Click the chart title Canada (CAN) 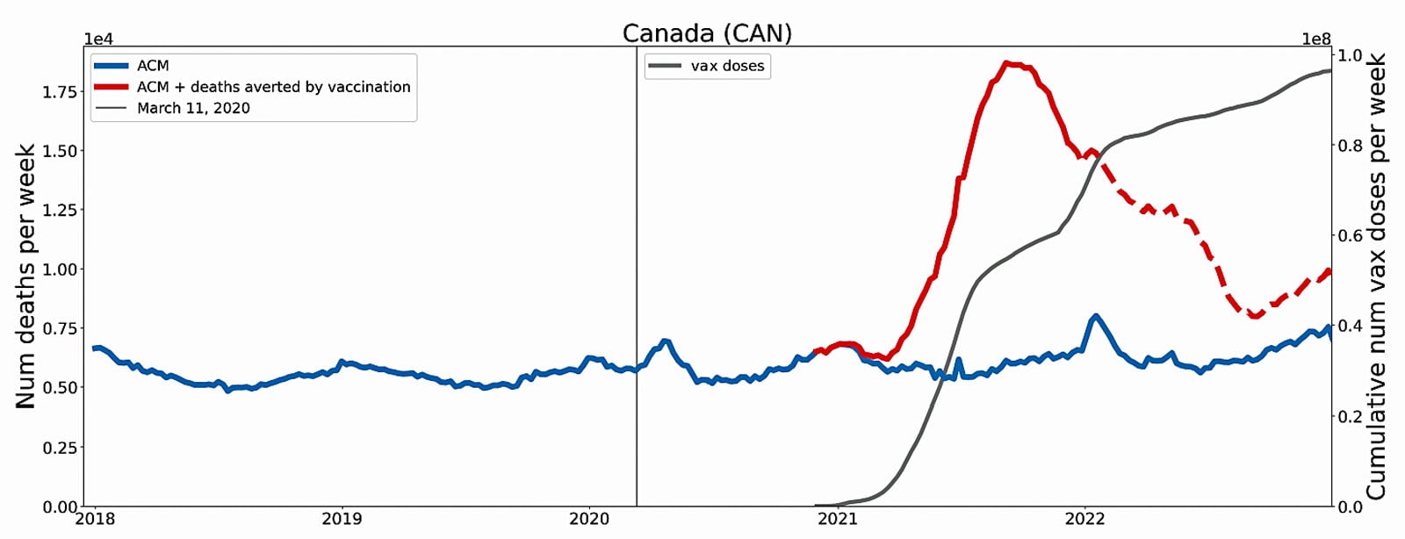(707, 33)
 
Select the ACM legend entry (153, 66)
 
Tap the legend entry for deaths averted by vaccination (273, 87)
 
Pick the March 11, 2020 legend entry (193, 108)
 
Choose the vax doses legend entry (727, 66)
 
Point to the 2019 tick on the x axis (342, 519)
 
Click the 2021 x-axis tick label (837, 519)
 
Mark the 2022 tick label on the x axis (1084, 519)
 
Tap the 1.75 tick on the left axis (60, 92)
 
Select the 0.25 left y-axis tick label (60, 448)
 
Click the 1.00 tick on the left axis (60, 269)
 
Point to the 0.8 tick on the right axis (1351, 146)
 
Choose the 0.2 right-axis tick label (1351, 416)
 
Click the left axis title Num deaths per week (25, 276)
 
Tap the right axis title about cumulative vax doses (1376, 276)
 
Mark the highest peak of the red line (1010, 63)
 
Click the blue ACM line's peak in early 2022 (1095, 316)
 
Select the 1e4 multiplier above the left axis (98, 40)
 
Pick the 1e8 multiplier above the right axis (1316, 40)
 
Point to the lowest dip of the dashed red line (1256, 315)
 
